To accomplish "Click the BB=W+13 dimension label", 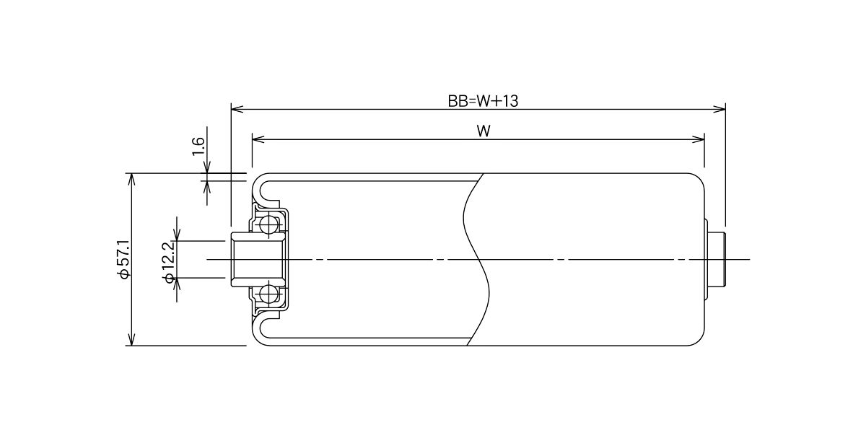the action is click(x=483, y=101).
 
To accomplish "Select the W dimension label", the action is click(x=484, y=131).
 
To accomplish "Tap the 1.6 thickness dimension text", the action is click(x=198, y=146).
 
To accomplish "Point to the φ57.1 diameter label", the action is click(x=124, y=259).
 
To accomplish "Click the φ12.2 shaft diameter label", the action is click(x=170, y=262).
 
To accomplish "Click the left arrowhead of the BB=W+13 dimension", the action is click(x=237, y=109).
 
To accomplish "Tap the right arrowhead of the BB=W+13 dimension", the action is click(x=719, y=109).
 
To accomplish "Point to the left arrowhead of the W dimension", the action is click(x=258, y=139).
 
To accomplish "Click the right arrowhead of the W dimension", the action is click(x=699, y=139).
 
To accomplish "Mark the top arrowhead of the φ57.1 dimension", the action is click(x=132, y=180).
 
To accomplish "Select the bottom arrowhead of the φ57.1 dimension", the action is click(x=132, y=339).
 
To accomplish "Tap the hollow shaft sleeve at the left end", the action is click(x=258, y=259).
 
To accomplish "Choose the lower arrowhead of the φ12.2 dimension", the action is click(x=177, y=284).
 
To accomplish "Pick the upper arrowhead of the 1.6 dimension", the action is click(x=207, y=167).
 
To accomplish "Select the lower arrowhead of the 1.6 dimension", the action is click(x=207, y=187).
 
